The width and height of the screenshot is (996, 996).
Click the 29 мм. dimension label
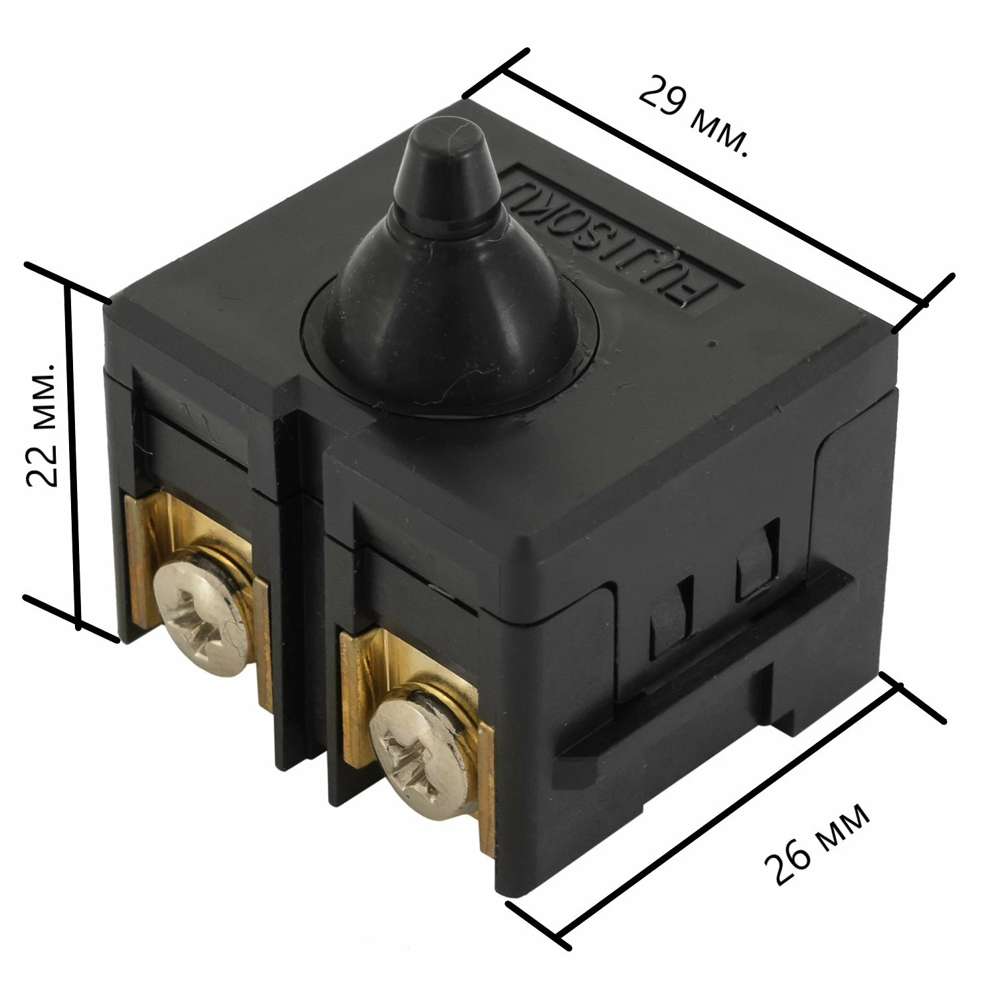(x=694, y=117)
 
